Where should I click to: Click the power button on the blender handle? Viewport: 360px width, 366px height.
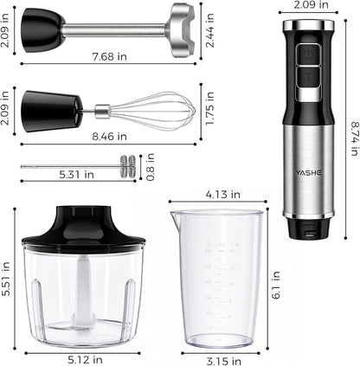(x=308, y=54)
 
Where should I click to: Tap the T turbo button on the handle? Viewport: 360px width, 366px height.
(x=308, y=77)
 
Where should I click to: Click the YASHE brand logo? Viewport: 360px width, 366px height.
(x=308, y=173)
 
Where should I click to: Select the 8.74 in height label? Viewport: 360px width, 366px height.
(x=355, y=139)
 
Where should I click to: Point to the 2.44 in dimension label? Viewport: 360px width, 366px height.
(x=210, y=30)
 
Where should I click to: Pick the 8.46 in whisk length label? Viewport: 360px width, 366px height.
(x=109, y=136)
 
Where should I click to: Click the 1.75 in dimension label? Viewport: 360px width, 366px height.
(x=210, y=108)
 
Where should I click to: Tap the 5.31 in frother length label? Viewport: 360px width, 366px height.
(x=76, y=174)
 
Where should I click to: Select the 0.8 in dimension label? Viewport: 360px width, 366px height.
(x=151, y=167)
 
